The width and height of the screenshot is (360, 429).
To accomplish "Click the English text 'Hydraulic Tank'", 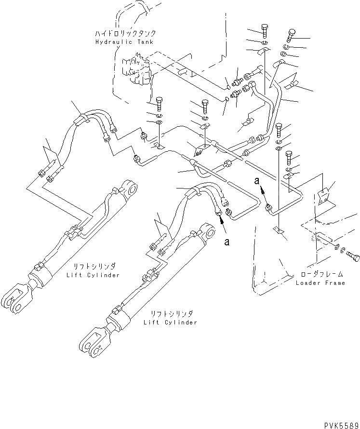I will pos(124,42).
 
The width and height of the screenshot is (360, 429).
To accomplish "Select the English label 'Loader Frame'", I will pos(320,283).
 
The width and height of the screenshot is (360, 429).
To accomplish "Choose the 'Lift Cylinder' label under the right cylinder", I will pos(170,322).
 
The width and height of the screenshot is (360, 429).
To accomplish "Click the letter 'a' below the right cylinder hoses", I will pos(226,242).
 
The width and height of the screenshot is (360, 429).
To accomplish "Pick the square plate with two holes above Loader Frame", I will pos(327,196).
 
